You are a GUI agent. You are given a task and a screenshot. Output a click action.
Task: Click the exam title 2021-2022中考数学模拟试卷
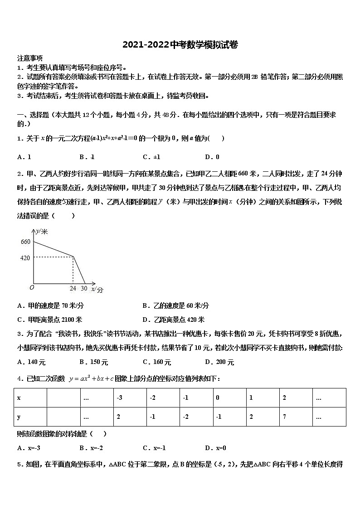pos(180,45)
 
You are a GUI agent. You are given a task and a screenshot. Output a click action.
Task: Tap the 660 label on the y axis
pos(25,242)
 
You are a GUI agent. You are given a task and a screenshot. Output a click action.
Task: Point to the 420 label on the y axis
pos(25,258)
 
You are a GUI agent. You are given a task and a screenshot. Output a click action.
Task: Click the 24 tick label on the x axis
pos(73,288)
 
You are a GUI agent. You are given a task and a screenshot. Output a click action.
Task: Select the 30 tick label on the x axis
pos(84,288)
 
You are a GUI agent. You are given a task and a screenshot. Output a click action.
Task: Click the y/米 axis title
pos(42,232)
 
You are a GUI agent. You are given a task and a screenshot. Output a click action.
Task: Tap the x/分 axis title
pos(97,289)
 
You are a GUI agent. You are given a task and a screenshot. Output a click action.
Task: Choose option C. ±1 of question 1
pos(151,157)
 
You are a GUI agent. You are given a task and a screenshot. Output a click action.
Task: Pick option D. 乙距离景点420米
pos(173,319)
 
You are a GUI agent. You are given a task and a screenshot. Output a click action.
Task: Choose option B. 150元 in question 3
pos(93,362)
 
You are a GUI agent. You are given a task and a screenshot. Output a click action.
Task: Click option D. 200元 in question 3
pos(219,362)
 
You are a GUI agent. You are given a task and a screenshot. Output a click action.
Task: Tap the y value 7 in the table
pos(284,417)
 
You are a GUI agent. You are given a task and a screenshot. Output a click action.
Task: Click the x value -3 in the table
pos(119,398)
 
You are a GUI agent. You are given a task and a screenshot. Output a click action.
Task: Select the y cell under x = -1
pos(185,417)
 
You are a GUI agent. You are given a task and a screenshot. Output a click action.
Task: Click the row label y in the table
pos(19,417)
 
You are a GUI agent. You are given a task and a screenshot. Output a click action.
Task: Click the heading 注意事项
pos(30,58)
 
